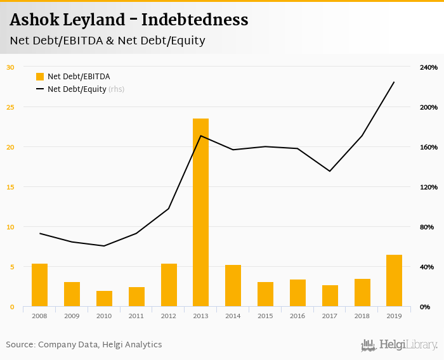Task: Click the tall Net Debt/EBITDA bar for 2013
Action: click(200, 212)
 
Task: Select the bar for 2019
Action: click(394, 281)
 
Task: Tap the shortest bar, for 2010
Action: click(104, 299)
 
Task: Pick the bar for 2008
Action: click(39, 285)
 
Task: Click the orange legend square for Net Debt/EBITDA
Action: click(40, 77)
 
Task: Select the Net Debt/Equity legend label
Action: click(77, 89)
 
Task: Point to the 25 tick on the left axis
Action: click(10, 107)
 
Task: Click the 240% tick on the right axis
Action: click(429, 67)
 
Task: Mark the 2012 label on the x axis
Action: click(168, 315)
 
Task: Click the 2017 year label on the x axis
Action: click(330, 315)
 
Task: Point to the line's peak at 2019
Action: click(394, 82)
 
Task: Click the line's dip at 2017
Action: click(330, 171)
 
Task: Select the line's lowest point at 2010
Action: click(104, 246)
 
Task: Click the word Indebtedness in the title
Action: click(195, 20)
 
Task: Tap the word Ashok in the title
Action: click(32, 20)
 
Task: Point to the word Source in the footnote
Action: click(20, 345)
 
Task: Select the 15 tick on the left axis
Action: click(10, 187)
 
